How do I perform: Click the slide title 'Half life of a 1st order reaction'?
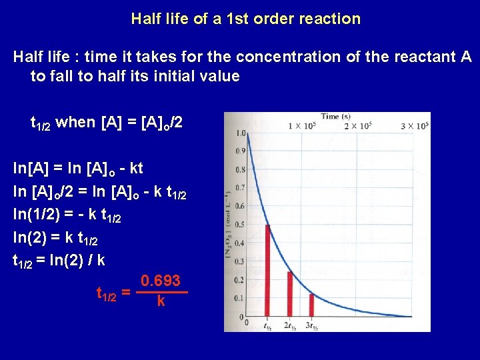point(246,19)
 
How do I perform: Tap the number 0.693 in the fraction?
point(161,281)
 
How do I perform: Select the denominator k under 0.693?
point(161,301)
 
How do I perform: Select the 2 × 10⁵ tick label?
point(358,126)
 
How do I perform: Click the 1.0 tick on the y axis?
point(241,133)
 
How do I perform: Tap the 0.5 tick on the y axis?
point(241,224)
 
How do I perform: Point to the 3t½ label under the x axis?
point(311,326)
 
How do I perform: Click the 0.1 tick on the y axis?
point(241,298)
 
